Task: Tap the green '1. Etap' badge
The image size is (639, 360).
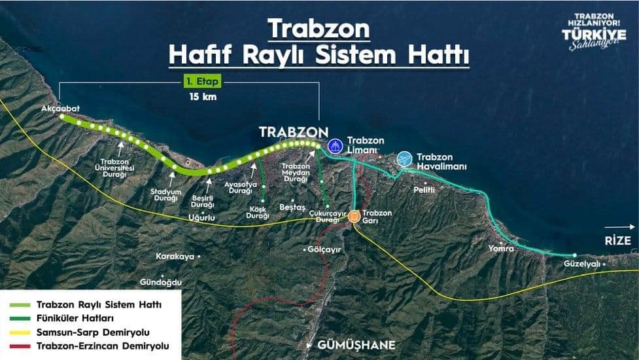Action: (x=201, y=82)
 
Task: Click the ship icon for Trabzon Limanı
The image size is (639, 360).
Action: (x=335, y=145)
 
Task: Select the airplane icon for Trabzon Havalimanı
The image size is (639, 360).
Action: (x=404, y=158)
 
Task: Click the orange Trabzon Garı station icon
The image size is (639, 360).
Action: (x=354, y=217)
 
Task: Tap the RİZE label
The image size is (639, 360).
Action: (x=617, y=241)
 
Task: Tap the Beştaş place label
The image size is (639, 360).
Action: (x=292, y=207)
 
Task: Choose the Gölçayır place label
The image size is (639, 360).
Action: (x=324, y=249)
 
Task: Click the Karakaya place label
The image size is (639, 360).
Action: (x=175, y=257)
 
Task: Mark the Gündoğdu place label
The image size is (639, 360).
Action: (x=160, y=283)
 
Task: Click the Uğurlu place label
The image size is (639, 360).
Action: (x=201, y=217)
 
